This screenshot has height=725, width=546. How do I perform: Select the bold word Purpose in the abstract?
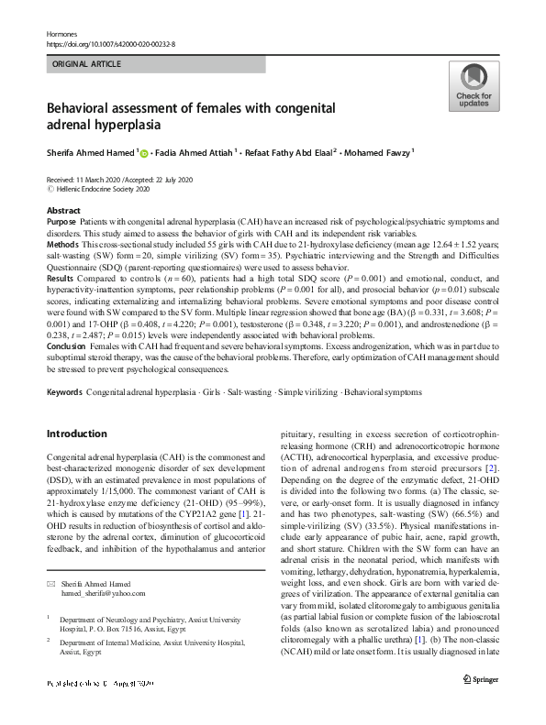click(62, 222)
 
